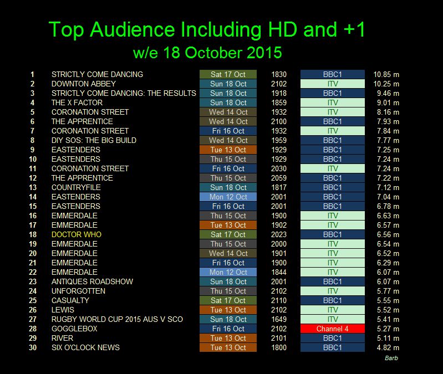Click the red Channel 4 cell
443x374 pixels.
tap(332, 329)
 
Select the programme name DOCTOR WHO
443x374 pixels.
tap(76, 234)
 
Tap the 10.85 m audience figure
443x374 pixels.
tap(386, 74)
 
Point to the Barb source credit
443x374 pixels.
tap(391, 358)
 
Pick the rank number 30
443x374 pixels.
tap(32, 347)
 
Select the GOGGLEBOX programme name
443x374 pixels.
tap(74, 329)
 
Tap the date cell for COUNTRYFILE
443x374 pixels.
tap(228, 187)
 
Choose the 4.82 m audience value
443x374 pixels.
tap(387, 347)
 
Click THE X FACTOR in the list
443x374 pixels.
tap(77, 103)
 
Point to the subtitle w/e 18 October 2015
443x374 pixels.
tap(207, 53)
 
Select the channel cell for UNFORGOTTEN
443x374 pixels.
tap(332, 291)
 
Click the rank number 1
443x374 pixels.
tap(32, 74)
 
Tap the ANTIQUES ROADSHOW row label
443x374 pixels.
tap(92, 281)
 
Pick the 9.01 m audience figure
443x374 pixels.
tap(387, 103)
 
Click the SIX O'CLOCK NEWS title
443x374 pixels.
tap(85, 347)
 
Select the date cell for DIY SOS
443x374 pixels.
tap(228, 140)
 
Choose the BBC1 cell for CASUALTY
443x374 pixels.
tap(332, 300)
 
